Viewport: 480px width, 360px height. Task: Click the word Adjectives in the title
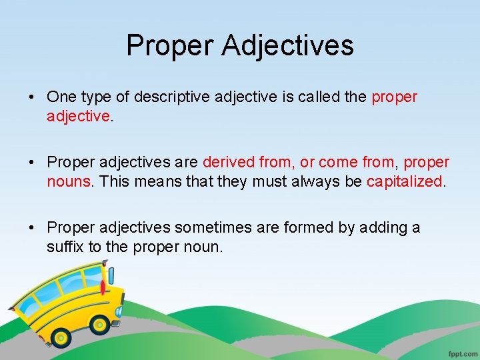[x=288, y=46]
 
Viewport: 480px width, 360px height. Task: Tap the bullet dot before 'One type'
[x=33, y=97]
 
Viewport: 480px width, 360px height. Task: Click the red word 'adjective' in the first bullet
[x=77, y=117]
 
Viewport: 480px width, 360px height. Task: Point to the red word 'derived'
[x=227, y=162]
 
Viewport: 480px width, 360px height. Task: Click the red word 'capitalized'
[x=404, y=182]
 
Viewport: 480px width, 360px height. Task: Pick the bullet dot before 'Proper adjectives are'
[x=33, y=163]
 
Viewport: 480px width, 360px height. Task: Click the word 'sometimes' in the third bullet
[x=229, y=227]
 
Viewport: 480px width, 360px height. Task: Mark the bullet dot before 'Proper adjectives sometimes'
[x=33, y=228]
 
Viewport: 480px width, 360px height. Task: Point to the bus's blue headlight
[x=118, y=311]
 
